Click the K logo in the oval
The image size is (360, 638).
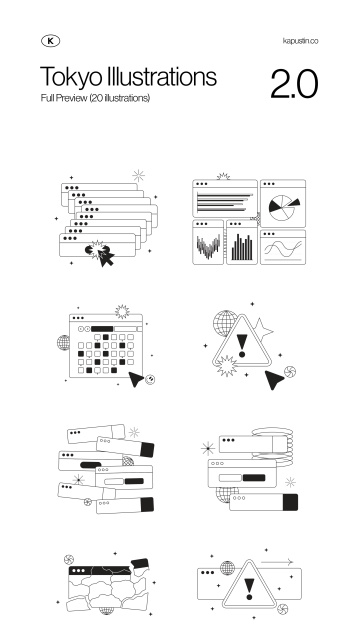point(50,41)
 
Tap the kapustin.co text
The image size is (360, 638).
point(300,41)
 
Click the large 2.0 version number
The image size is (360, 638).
point(294,84)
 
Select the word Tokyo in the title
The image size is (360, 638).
point(71,77)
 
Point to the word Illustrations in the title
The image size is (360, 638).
point(161,76)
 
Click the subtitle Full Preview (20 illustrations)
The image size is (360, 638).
point(95,98)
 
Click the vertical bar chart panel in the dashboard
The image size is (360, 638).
point(242,243)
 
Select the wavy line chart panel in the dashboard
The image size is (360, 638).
point(283,247)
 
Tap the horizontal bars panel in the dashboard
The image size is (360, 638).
point(225,199)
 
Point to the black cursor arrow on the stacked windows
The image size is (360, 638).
point(107,258)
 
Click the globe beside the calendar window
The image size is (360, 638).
point(63,343)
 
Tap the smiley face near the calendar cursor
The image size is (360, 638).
point(150,380)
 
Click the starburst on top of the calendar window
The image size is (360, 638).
point(122,312)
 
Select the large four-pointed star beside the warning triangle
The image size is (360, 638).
point(262,330)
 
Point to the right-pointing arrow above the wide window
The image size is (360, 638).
point(277,562)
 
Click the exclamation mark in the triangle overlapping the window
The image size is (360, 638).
point(249,589)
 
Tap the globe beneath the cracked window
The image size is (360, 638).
point(107,610)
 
